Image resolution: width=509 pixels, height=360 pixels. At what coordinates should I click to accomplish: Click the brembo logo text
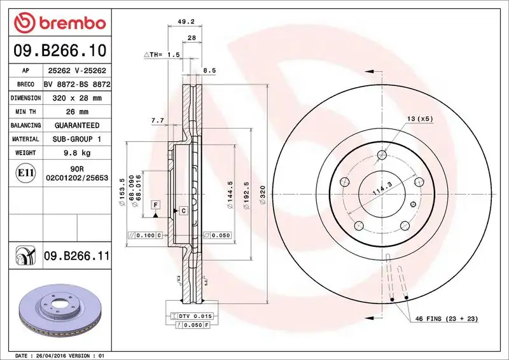pos(67,24)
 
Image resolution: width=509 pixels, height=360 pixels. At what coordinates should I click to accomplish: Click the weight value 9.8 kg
pos(77,153)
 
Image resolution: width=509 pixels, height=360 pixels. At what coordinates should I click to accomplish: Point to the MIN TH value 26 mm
pos(77,112)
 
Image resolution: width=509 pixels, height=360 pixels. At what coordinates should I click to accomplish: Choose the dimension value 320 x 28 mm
pos(77,99)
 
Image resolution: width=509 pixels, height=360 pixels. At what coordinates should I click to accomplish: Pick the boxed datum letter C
pos(183,210)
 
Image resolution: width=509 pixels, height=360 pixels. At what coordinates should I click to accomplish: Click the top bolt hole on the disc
pos(382,155)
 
